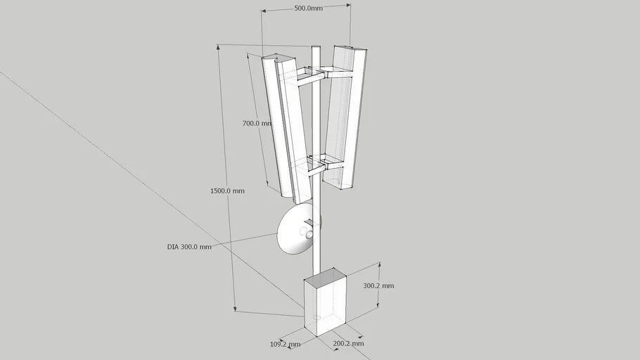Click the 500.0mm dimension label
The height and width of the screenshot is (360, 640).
point(309,8)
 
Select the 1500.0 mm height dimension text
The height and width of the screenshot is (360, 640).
point(227,191)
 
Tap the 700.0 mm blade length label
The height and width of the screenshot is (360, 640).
point(257,123)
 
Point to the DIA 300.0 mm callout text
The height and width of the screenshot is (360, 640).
point(189,247)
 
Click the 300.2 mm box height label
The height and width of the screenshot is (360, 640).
point(379,285)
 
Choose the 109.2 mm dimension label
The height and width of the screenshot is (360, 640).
point(286,344)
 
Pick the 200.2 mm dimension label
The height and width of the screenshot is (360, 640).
point(348,343)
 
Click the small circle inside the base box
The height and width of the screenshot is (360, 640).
point(316,317)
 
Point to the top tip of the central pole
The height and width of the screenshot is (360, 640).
point(316,46)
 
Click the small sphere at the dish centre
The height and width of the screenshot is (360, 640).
point(309,235)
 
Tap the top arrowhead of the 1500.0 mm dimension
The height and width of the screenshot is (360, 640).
point(218,47)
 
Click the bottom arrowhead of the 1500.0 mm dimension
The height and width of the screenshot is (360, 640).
point(235,309)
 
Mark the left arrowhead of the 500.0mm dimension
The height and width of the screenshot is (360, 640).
point(264,11)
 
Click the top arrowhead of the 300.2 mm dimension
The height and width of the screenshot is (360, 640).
point(380,265)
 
